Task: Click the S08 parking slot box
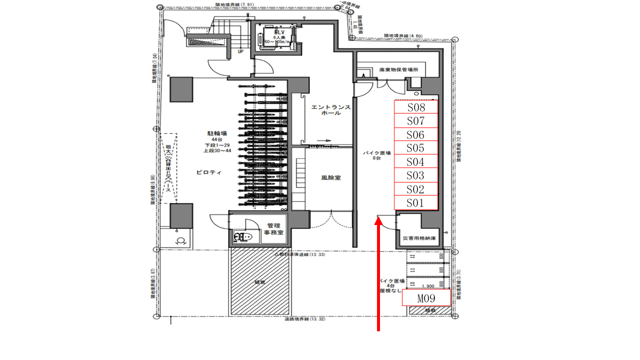[x=416, y=107]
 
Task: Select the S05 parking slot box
[x=416, y=148]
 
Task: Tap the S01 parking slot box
[x=416, y=203]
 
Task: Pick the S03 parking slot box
[x=416, y=175]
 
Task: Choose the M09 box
[x=426, y=298]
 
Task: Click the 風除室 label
[x=331, y=177]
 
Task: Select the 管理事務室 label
[x=273, y=229]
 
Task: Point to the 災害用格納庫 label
[x=419, y=238]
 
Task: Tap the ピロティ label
[x=205, y=172]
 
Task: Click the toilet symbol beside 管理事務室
[x=243, y=236]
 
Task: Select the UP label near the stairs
[x=240, y=51]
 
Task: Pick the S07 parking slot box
[x=416, y=121]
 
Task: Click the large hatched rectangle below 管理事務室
[x=259, y=281]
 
